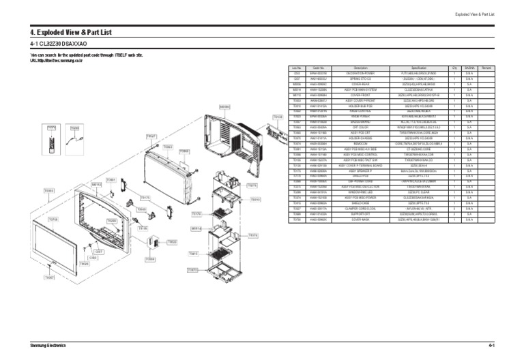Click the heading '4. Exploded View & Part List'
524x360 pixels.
[x=71, y=32]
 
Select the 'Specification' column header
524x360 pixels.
[x=419, y=68]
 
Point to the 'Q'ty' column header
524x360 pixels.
[x=454, y=68]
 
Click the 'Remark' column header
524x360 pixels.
[x=486, y=68]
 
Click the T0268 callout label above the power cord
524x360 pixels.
[x=74, y=127]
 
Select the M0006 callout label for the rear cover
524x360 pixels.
[x=224, y=106]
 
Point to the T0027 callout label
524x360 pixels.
[x=151, y=136]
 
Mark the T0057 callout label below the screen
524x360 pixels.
[x=49, y=277]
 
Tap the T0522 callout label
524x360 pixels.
[x=172, y=241]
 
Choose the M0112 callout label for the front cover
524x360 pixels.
[x=97, y=184]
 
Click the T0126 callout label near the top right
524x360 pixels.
[x=278, y=117]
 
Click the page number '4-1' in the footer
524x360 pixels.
[x=491, y=346]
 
